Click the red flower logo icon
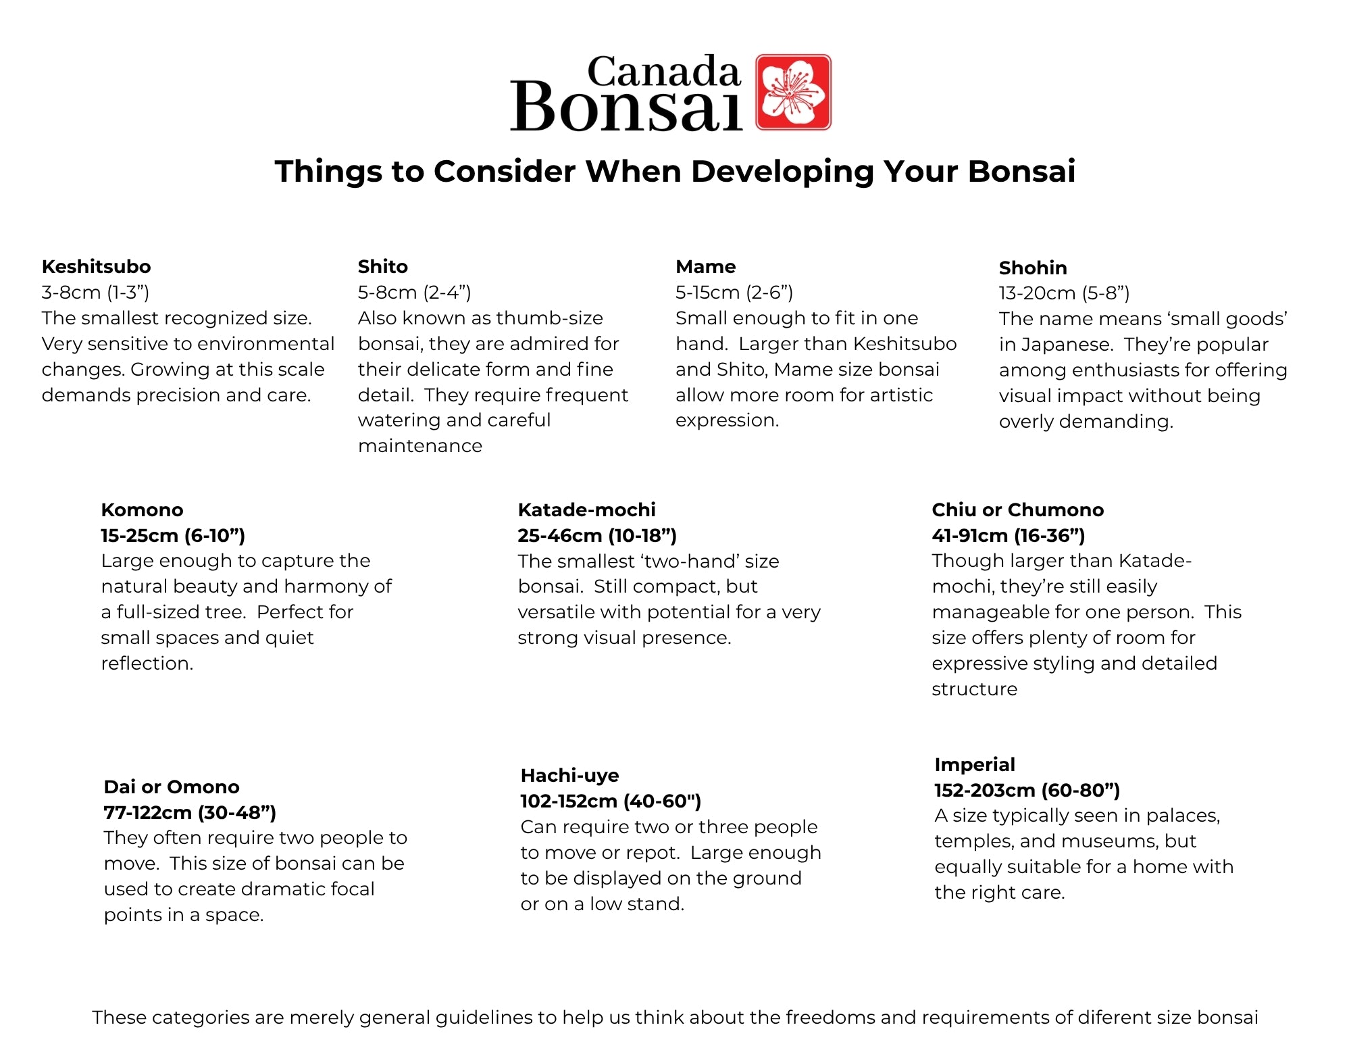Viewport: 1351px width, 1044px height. [793, 92]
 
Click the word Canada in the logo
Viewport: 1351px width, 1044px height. [664, 72]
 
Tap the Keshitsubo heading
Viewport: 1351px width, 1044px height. [96, 266]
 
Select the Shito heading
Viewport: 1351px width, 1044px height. [383, 266]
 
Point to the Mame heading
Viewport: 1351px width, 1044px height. [706, 266]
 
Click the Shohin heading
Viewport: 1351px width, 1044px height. [1033, 268]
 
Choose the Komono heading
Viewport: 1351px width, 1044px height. [142, 509]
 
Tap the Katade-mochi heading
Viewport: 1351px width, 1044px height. [586, 509]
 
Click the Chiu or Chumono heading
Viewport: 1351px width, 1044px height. [1017, 509]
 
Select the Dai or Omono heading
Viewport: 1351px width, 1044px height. [172, 787]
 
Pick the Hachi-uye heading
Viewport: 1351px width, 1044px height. [569, 775]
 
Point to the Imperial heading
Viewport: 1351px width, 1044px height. [975, 764]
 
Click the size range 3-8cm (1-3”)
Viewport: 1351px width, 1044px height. [95, 292]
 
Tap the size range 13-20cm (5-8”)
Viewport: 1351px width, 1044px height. [1064, 293]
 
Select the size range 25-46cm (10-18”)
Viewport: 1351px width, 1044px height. [597, 535]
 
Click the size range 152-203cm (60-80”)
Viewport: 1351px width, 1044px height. [1027, 790]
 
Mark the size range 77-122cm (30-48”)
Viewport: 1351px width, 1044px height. [190, 812]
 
